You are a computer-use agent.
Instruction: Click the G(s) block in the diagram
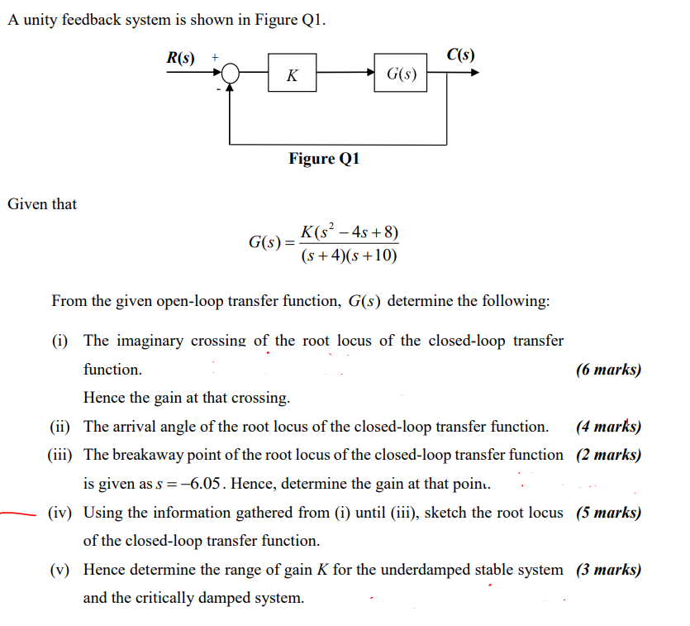(402, 75)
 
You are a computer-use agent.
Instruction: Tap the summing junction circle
(231, 74)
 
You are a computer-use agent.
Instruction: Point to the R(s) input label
(181, 58)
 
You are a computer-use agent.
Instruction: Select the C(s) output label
(460, 55)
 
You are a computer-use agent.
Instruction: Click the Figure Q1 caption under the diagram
(324, 158)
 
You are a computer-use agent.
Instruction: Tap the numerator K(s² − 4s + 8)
(350, 232)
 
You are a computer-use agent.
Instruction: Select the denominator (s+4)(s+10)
(350, 256)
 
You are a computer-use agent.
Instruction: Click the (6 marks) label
(608, 370)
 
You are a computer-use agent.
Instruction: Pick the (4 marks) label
(608, 427)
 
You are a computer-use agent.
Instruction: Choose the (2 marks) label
(608, 455)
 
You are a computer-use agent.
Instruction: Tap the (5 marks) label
(608, 512)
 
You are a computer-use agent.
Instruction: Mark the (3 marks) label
(608, 570)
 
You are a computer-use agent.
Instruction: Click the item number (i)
(63, 341)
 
